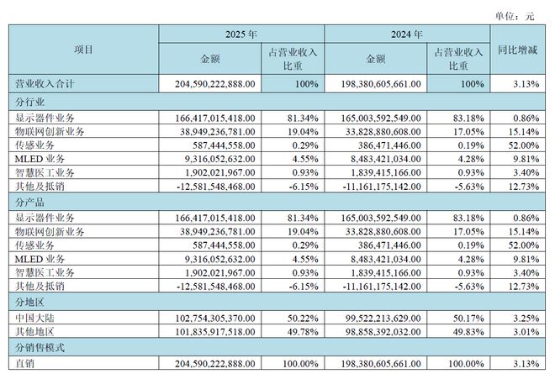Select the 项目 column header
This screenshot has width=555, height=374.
pos(83,50)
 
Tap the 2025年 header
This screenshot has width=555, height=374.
pos(241,34)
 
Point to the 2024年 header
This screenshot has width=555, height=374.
pos(407,34)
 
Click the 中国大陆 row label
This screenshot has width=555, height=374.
pos(34,319)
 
